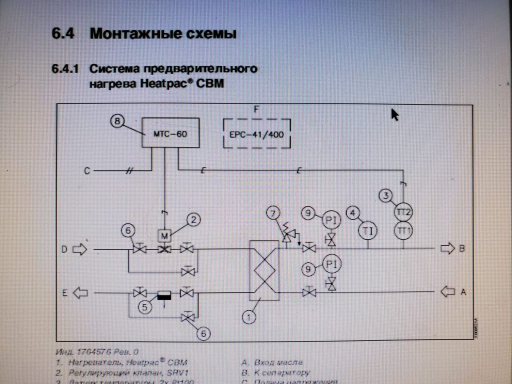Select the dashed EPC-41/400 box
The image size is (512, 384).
click(x=256, y=133)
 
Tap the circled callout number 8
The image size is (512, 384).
click(x=117, y=121)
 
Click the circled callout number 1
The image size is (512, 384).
click(x=248, y=316)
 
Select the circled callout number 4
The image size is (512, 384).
click(x=353, y=213)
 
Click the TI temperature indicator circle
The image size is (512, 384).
click(x=368, y=230)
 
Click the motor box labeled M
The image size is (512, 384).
click(x=164, y=234)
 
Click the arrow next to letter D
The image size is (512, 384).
click(x=79, y=248)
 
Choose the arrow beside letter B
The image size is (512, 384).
click(x=446, y=248)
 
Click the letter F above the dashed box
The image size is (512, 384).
click(x=256, y=110)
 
